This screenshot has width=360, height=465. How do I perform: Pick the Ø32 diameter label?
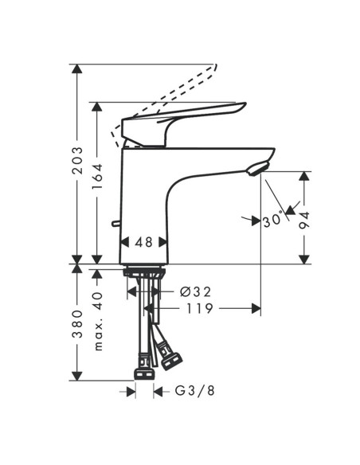pyautogui.click(x=195, y=291)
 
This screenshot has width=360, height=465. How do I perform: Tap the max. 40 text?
pyautogui.click(x=98, y=322)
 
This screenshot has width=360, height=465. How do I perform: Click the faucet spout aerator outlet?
pyautogui.click(x=256, y=168)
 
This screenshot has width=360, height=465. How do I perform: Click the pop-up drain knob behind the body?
pyautogui.click(x=117, y=225)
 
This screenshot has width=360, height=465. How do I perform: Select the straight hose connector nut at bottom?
pyautogui.click(x=144, y=373)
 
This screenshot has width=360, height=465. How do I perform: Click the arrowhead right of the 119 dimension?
pyautogui.click(x=256, y=308)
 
